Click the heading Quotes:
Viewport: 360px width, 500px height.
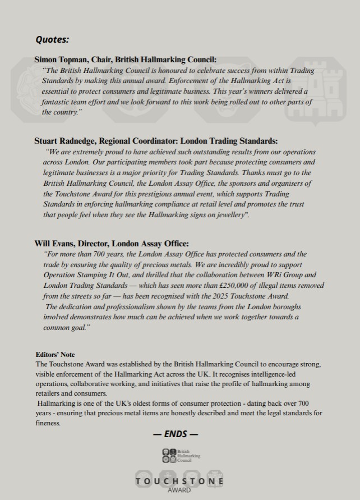pos(53,39)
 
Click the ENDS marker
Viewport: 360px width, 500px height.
pos(176,434)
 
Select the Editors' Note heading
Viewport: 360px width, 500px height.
pos(54,355)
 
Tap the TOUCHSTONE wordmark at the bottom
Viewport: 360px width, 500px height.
pos(179,481)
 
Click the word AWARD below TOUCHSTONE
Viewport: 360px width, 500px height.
pos(179,490)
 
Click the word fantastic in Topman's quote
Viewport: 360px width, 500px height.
pos(57,102)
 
